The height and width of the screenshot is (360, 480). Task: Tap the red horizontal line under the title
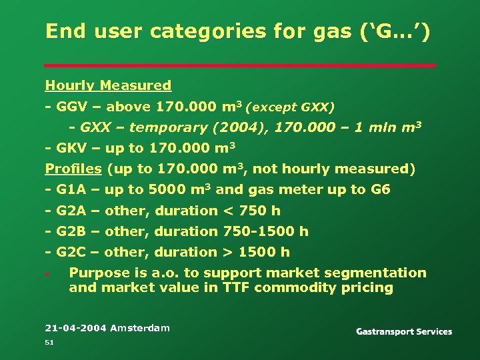click(x=240, y=65)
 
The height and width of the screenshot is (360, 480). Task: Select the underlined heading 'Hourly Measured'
click(x=108, y=85)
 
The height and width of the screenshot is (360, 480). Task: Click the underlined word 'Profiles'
click(x=73, y=169)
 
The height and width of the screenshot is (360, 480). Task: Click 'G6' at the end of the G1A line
click(x=381, y=189)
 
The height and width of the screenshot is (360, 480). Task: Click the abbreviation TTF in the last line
click(x=234, y=287)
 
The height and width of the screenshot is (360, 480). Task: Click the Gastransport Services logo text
click(x=404, y=331)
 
